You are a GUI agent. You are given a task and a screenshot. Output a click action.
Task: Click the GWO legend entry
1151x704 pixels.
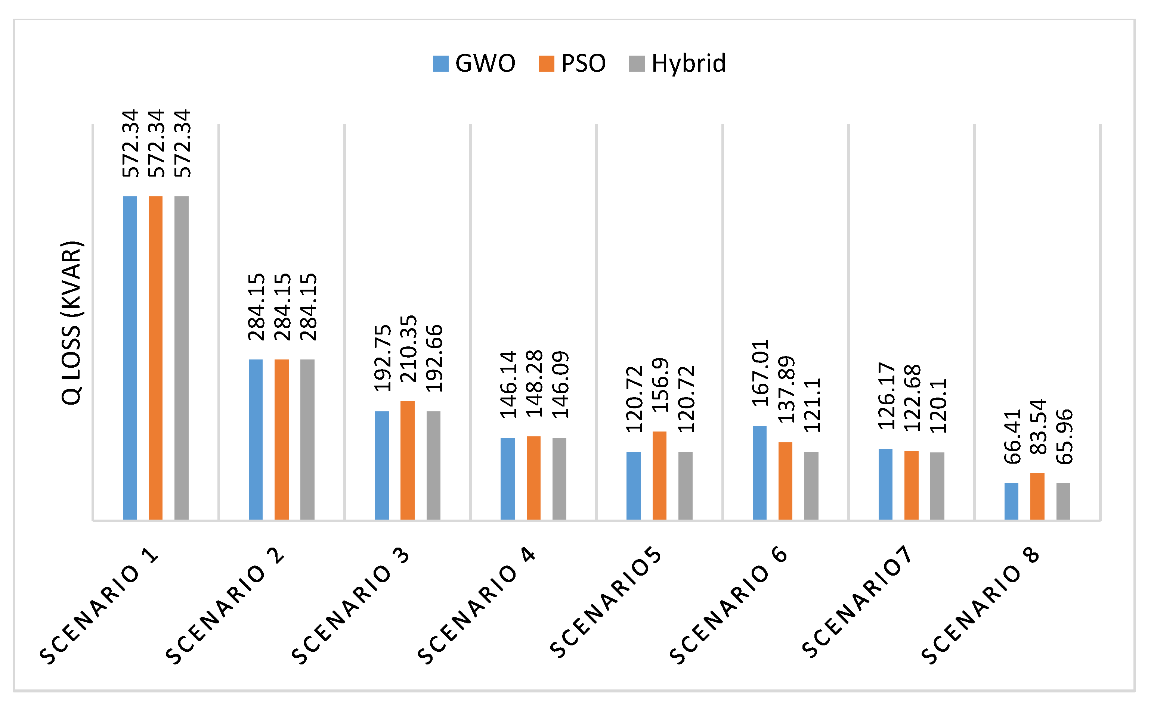[x=474, y=63]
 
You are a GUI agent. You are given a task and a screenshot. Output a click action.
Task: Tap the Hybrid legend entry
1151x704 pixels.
[x=677, y=63]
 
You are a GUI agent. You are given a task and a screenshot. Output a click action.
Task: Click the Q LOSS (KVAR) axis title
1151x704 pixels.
[x=71, y=323]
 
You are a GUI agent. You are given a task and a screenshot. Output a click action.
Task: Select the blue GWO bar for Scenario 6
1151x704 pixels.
[x=759, y=473]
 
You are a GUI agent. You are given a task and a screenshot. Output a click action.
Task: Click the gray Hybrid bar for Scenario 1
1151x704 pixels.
[x=181, y=358]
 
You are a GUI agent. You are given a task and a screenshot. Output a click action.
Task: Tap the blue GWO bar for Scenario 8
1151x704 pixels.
[x=1011, y=501]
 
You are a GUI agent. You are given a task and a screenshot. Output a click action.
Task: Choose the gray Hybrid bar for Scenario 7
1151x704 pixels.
[x=937, y=486]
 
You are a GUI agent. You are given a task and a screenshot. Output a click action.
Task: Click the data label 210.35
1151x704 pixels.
[x=408, y=349]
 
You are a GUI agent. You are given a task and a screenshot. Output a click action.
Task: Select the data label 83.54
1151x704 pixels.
[x=1038, y=427]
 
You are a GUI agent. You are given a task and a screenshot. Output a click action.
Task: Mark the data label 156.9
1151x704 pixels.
[x=660, y=385]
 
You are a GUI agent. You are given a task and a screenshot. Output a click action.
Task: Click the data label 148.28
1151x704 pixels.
[x=534, y=384]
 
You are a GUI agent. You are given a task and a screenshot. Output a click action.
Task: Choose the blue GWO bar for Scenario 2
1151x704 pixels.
[x=256, y=439]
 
